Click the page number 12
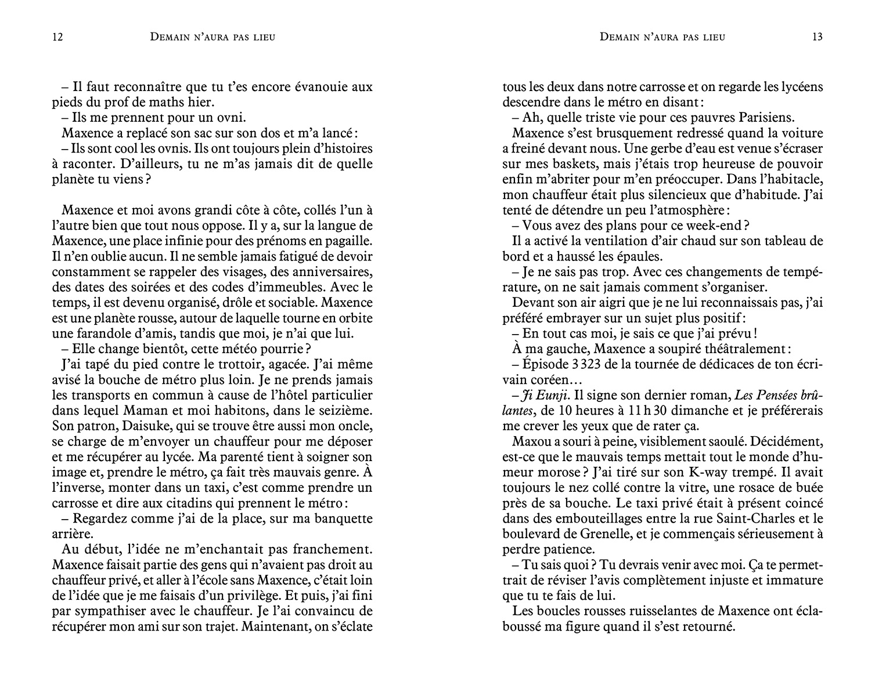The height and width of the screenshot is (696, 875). pos(57,37)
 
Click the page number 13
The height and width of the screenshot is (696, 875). pos(817,37)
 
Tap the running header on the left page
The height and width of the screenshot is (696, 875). pos(213,37)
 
